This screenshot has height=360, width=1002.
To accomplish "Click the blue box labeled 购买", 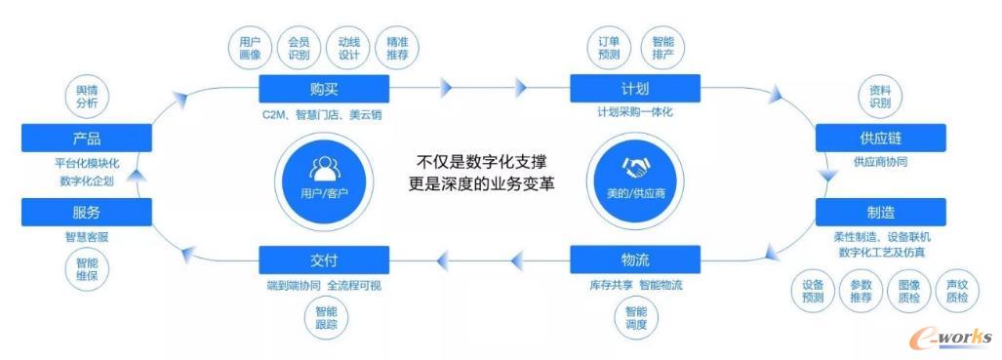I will [324, 90].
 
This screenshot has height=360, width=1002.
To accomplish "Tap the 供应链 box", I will [880, 139].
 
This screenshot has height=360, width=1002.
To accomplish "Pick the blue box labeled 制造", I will [880, 212].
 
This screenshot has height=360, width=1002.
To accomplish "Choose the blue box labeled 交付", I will [324, 260].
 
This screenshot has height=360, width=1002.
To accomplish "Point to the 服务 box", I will [86, 212].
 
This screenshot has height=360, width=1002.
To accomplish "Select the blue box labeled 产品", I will [86, 139].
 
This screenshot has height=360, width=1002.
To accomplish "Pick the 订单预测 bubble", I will [609, 49].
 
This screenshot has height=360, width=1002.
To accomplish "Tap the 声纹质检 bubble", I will [957, 291].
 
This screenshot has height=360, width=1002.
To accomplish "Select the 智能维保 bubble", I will [87, 268].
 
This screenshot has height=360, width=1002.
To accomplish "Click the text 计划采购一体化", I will [635, 113].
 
